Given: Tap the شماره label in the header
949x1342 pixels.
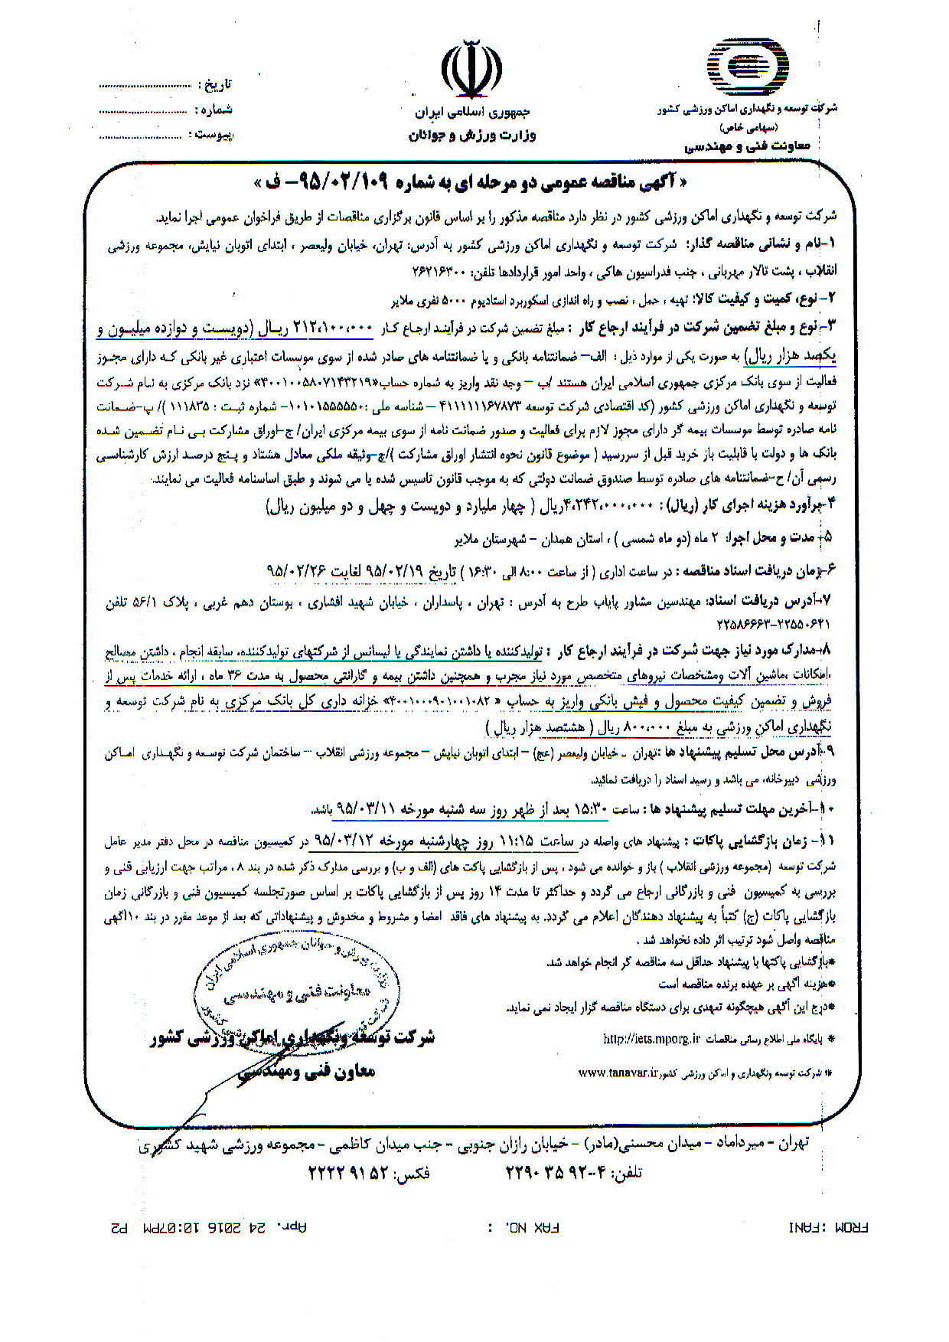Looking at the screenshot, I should click(x=217, y=110).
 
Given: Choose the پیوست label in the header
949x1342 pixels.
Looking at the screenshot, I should click(x=214, y=135).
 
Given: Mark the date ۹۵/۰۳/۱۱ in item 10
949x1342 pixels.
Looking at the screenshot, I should click(x=345, y=808).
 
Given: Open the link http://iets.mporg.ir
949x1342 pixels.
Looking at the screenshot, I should click(x=653, y=1039).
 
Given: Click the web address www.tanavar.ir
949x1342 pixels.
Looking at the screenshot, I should click(x=618, y=1074).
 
